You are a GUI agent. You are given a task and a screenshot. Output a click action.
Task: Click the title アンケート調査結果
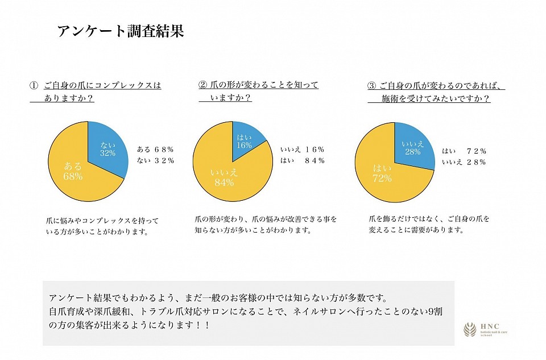[121, 31]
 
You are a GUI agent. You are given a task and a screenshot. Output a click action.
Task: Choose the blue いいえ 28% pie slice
[412, 146]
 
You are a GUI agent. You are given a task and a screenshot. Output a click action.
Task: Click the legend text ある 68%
[155, 150]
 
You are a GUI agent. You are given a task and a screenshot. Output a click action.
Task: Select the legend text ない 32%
[155, 160]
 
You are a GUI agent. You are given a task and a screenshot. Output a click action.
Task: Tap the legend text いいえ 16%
[302, 150]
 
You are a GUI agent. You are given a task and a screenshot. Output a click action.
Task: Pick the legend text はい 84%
[302, 160]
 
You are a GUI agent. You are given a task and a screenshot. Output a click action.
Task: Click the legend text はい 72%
[464, 151]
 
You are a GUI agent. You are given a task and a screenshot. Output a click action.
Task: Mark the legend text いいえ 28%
[464, 162]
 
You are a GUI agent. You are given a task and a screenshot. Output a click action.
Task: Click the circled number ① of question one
[34, 86]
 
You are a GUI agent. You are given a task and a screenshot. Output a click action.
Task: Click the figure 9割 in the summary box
[434, 312]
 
